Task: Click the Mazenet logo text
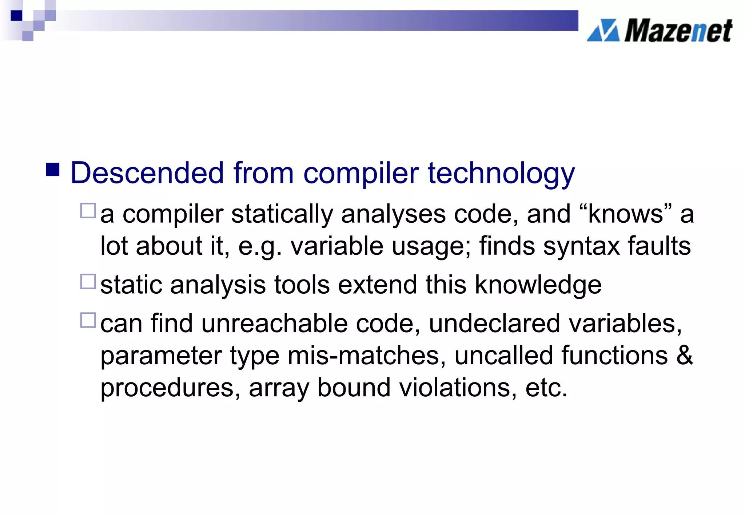click(678, 31)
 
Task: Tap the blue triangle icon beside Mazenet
click(603, 31)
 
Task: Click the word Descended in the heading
click(147, 173)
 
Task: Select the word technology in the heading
click(501, 174)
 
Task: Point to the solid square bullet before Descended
click(53, 170)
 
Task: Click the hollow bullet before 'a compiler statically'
click(88, 211)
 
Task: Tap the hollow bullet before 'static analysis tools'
click(88, 282)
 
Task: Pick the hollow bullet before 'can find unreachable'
click(88, 320)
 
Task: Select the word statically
click(282, 214)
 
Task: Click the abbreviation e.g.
click(260, 247)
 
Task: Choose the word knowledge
click(538, 285)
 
